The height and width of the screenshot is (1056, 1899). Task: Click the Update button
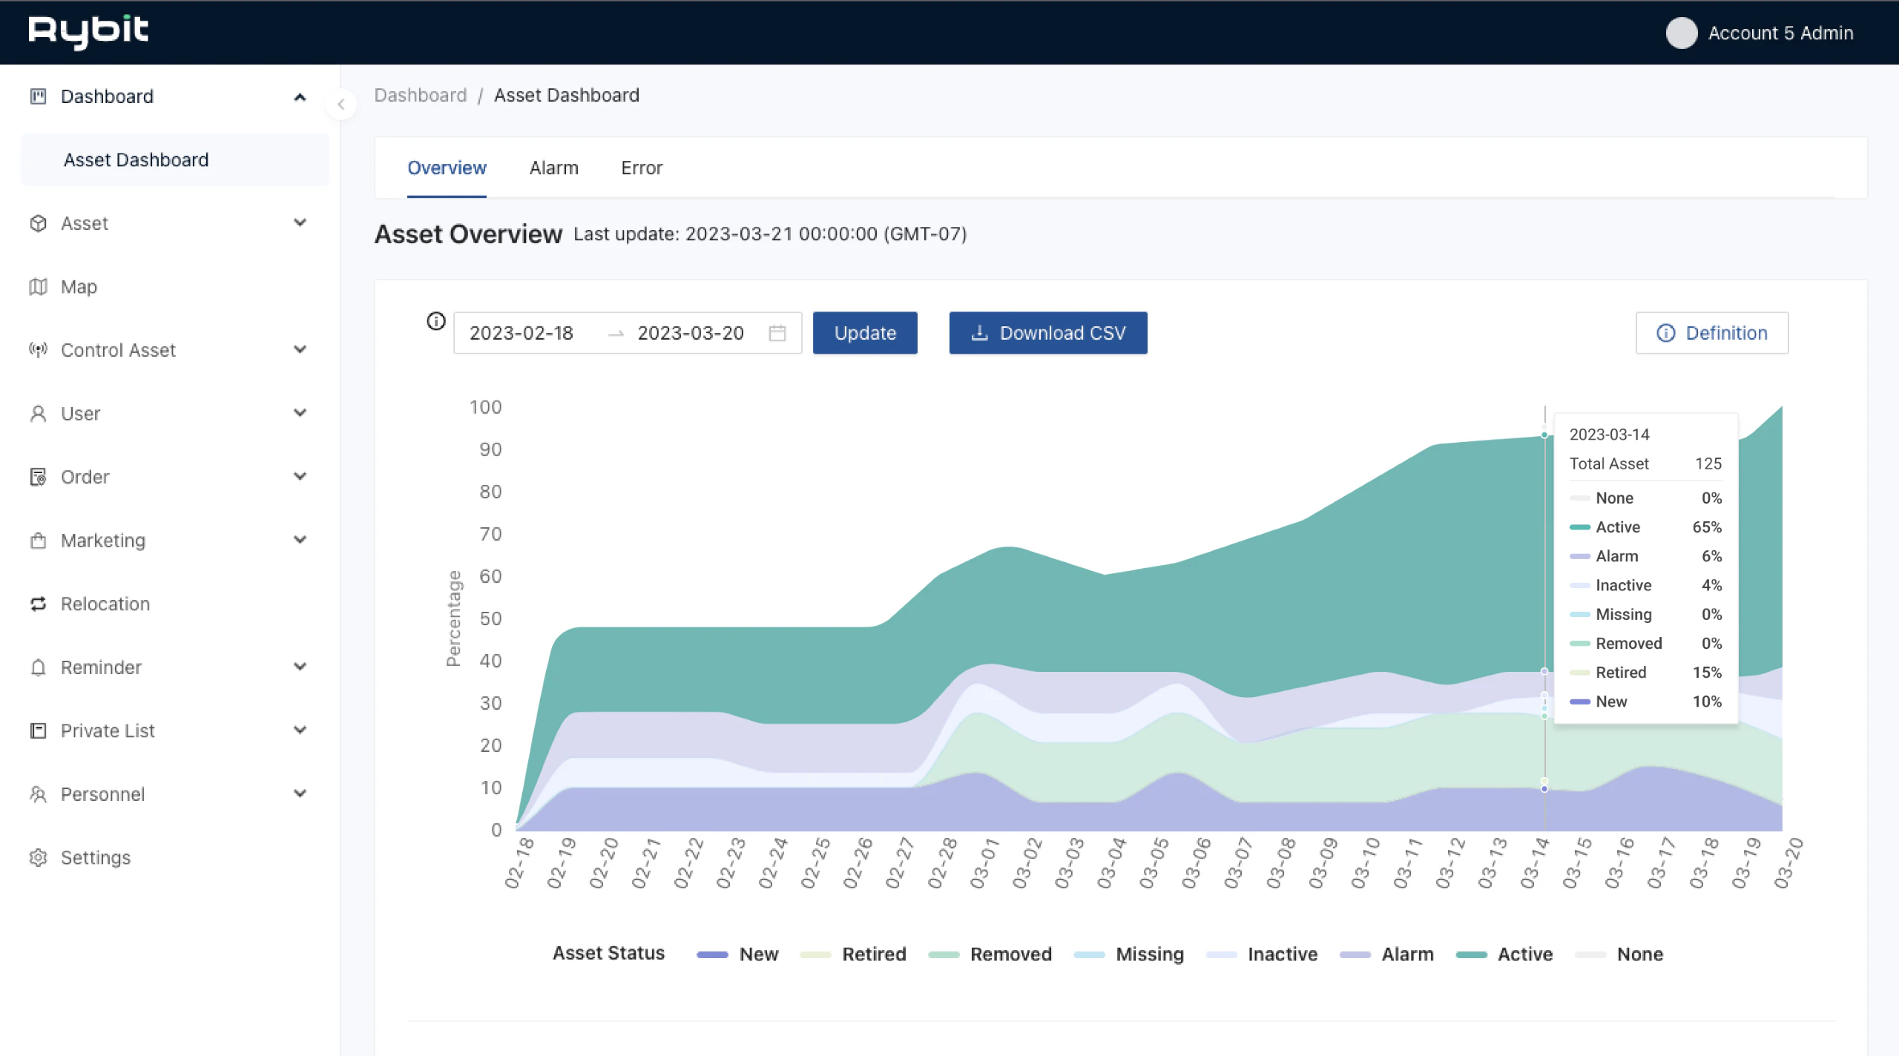(864, 333)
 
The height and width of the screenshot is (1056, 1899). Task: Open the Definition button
(1711, 333)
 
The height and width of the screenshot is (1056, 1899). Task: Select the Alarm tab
(553, 168)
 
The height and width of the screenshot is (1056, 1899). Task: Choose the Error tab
(641, 168)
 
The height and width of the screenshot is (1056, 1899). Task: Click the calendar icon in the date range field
(777, 333)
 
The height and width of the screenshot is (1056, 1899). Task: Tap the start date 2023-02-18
(521, 333)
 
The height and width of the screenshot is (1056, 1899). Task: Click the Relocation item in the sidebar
(105, 604)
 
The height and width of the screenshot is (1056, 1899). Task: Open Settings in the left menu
(95, 857)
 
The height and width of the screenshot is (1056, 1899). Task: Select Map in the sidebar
(78, 287)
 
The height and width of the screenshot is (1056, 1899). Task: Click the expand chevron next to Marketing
(300, 540)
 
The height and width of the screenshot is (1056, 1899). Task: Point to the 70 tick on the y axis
(490, 534)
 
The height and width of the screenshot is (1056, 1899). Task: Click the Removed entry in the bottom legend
(1010, 954)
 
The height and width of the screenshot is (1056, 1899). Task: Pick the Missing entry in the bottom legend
(1149, 954)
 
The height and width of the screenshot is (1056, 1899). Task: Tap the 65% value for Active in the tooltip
(1706, 527)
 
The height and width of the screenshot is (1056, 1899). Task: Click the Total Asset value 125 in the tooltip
(1708, 463)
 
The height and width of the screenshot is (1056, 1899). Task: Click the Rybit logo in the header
(88, 31)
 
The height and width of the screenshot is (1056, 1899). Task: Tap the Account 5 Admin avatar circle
(1681, 33)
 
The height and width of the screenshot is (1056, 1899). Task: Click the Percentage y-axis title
(453, 618)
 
